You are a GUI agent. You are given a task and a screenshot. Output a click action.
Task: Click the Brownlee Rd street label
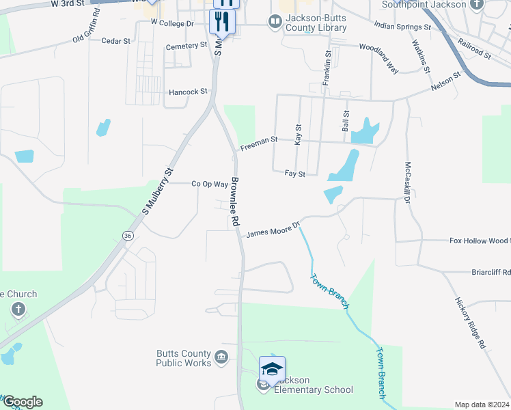235,202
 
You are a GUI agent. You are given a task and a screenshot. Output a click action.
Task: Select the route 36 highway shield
127,235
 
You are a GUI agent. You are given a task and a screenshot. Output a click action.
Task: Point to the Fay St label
294,174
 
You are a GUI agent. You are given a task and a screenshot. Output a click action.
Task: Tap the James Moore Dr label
273,230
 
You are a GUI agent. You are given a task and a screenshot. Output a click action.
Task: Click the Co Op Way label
209,184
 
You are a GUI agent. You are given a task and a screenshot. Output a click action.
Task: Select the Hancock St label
188,92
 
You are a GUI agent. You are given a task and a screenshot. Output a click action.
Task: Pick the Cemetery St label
187,46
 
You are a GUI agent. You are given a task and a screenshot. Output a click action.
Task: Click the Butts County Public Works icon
221,357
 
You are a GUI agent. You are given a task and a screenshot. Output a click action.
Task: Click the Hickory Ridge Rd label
470,323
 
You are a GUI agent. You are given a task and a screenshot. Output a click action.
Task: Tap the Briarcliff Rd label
491,272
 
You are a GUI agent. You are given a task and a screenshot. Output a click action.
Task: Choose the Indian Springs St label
402,26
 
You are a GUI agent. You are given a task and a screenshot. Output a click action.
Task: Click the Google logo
22,402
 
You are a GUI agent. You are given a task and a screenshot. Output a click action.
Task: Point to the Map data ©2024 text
482,405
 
